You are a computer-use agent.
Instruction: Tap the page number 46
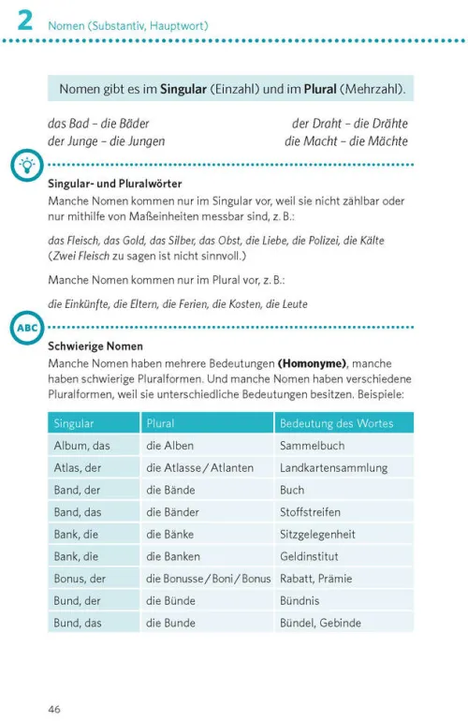coord(54,709)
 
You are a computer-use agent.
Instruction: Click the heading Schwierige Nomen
coord(95,346)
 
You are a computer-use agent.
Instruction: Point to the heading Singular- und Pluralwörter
coord(114,184)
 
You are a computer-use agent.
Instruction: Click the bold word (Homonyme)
coord(312,362)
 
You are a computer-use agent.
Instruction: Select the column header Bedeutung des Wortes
coord(336,423)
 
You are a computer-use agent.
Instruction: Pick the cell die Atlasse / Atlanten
coord(200,467)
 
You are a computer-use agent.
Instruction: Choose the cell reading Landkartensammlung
coord(334,467)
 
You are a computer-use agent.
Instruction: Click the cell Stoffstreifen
coord(310,512)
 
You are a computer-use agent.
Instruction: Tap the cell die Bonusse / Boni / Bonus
coord(209,579)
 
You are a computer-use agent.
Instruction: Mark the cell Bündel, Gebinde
coord(324,623)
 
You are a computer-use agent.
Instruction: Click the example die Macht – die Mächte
coord(346,140)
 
